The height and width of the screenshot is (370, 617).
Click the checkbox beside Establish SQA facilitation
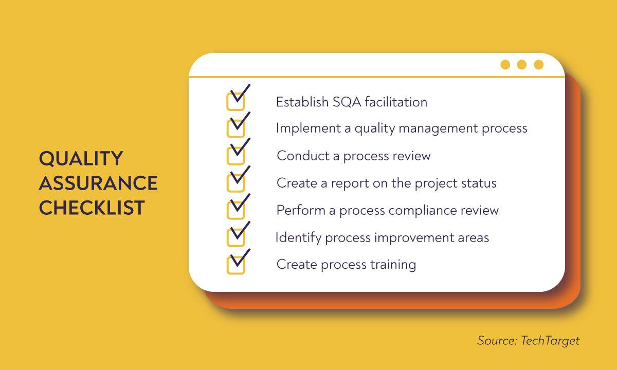coord(235,102)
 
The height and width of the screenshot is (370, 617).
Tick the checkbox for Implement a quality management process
coord(235,128)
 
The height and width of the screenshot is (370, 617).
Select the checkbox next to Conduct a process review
coord(235,156)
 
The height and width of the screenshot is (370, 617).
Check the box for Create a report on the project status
coord(235,183)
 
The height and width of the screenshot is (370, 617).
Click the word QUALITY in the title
coord(81,159)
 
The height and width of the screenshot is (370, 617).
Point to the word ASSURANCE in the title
coord(98,183)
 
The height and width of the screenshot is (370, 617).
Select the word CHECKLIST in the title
coord(92,208)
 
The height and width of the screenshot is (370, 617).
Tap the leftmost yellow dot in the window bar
coord(505,65)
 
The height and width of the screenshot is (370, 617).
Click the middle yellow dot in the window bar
coord(522,65)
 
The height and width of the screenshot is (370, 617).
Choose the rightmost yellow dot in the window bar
coord(538,65)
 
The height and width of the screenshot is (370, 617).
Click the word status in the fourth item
coord(480,183)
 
